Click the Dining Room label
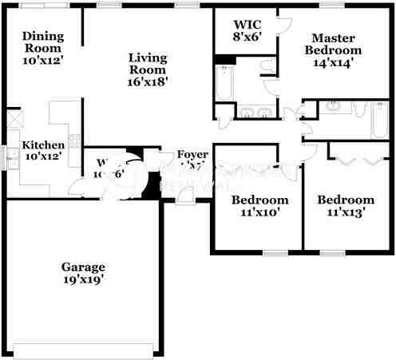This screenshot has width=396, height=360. (x=42, y=47)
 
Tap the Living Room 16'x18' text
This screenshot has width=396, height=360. (x=148, y=69)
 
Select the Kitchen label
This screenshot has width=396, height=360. (x=42, y=151)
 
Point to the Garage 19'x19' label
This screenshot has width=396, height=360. (x=83, y=273)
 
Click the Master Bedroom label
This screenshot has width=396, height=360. (x=334, y=49)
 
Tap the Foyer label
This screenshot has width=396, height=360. (x=192, y=160)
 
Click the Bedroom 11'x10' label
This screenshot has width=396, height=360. (x=259, y=205)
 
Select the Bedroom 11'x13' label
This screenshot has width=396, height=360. (x=345, y=205)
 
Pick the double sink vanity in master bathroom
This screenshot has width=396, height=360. (x=253, y=112)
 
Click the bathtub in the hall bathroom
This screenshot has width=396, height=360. (x=378, y=120)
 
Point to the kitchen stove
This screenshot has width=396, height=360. (x=73, y=141)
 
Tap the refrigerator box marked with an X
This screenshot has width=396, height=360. (x=14, y=119)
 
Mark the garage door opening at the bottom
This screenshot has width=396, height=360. (x=83, y=348)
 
